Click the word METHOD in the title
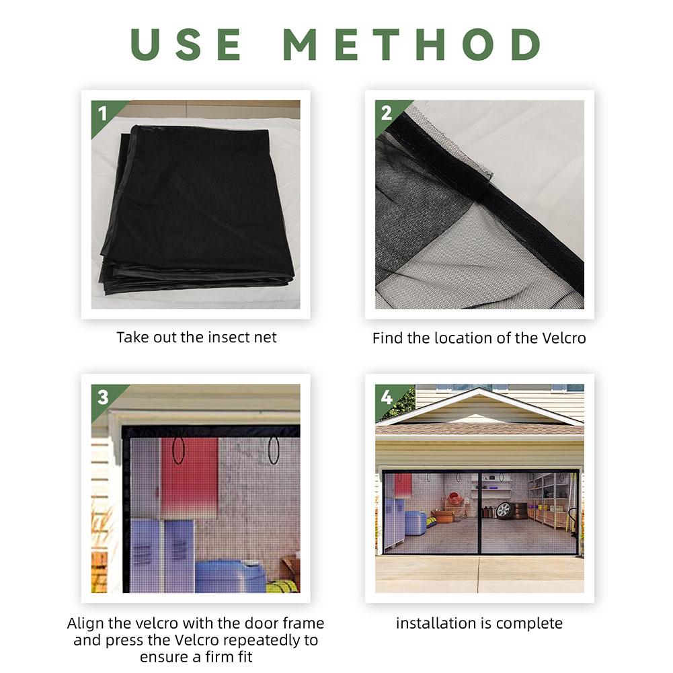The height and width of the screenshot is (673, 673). pyautogui.click(x=411, y=44)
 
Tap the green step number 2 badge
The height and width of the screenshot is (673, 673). pyautogui.click(x=386, y=113)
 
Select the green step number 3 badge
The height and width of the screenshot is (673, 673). pyautogui.click(x=102, y=397)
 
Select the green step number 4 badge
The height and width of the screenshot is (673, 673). pyautogui.click(x=386, y=397)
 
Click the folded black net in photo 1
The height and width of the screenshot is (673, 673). pyautogui.click(x=198, y=208)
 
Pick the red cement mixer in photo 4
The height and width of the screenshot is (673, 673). pyautogui.click(x=456, y=500)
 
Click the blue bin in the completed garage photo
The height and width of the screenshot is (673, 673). pyautogui.click(x=415, y=522)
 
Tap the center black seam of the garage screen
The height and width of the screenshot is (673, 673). pyautogui.click(x=478, y=511)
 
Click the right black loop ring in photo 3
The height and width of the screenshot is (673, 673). pyautogui.click(x=274, y=450)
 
